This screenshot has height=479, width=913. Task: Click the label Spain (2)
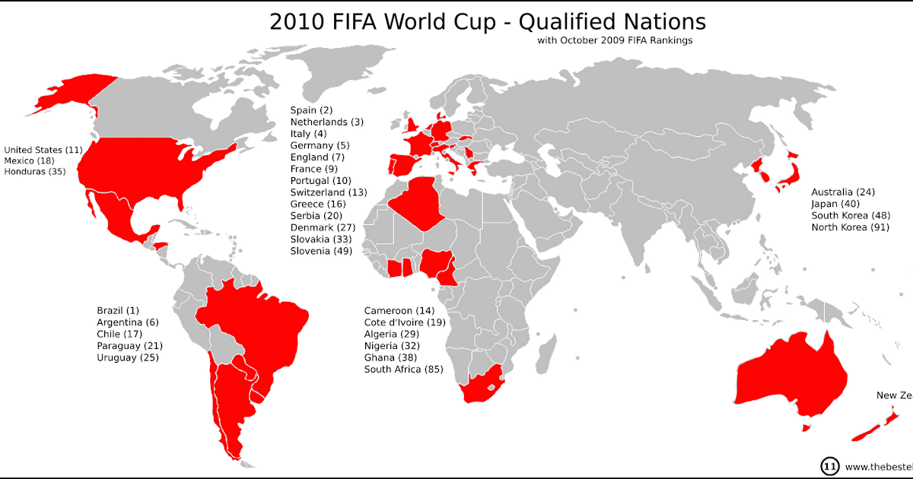(311, 110)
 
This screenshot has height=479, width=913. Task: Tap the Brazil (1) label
(118, 310)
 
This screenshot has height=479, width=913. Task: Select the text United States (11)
(43, 149)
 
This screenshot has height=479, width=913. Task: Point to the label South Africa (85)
(404, 370)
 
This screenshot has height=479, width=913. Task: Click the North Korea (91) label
(851, 227)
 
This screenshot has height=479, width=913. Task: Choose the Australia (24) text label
(843, 192)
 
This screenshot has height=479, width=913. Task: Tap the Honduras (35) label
(35, 172)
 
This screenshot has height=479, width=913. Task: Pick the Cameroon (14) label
(399, 311)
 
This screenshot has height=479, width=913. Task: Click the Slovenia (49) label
(321, 250)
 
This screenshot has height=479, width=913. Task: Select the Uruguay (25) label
(128, 357)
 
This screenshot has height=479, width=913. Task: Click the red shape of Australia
(791, 376)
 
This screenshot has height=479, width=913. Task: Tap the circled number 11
(829, 466)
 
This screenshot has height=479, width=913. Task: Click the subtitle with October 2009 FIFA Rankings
(615, 40)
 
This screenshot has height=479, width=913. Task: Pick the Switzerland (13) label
(329, 192)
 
